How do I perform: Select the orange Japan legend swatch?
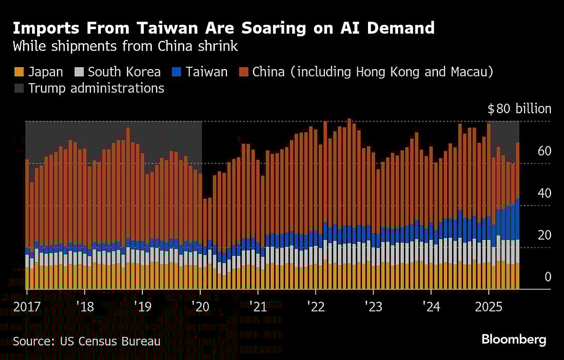[x=19, y=72]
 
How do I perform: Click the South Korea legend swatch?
[x=79, y=72]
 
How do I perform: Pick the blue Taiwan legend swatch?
[x=176, y=72]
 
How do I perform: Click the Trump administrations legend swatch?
[x=19, y=88]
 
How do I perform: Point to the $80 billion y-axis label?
[x=519, y=109]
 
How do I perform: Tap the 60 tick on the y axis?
[x=544, y=151]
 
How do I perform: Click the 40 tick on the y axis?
[x=544, y=193]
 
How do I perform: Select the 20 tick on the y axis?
[x=544, y=235]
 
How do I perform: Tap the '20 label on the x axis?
[x=200, y=307]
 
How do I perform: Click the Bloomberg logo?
[x=514, y=340]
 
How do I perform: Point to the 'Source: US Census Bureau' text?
[x=86, y=341]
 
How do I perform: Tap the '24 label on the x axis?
[x=431, y=307]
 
